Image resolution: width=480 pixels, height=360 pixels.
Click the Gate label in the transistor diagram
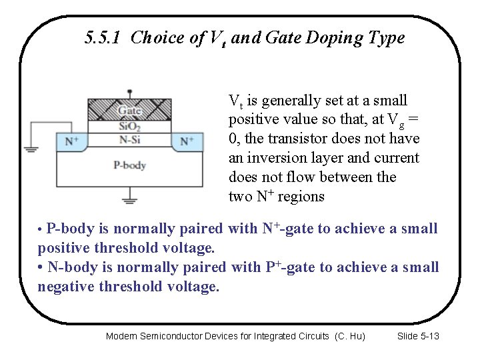click(x=129, y=110)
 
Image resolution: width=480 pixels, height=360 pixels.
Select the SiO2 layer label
click(x=129, y=126)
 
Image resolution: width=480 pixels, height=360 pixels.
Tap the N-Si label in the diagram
click(x=129, y=140)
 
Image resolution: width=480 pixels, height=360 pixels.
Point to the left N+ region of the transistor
click(x=71, y=141)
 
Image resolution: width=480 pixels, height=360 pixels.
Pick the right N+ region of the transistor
click(x=187, y=141)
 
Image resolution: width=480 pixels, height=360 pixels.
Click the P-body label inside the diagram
click(x=129, y=165)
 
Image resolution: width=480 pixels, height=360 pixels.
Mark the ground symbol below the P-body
click(x=129, y=197)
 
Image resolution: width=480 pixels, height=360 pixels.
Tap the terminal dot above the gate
click(x=129, y=91)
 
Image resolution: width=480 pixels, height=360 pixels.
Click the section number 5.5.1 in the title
click(x=104, y=37)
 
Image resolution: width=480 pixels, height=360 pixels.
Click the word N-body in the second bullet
click(x=71, y=267)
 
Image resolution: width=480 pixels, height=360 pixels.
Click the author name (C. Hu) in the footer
click(x=350, y=336)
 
